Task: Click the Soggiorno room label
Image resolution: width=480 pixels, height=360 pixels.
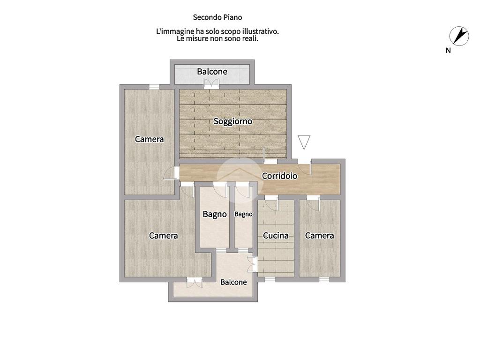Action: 232,121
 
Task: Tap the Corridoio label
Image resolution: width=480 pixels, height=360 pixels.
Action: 279,176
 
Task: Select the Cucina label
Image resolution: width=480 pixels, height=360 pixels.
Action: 276,235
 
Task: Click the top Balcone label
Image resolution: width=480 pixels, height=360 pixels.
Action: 212,72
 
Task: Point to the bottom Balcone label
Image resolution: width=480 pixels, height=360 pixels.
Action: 233,282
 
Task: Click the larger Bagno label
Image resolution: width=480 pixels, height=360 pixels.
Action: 215,214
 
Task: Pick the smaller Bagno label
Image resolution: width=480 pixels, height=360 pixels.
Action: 243,214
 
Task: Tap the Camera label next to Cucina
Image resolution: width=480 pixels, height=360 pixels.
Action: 319,235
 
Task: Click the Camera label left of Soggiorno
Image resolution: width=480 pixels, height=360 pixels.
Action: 150,139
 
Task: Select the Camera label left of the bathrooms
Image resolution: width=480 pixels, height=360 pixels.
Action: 163,235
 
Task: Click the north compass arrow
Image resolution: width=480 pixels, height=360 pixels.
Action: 459,36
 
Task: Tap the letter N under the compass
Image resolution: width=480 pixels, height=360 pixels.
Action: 448,51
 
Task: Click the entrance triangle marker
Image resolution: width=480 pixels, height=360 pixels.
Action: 304,142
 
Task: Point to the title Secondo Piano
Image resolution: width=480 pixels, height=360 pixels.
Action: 217,17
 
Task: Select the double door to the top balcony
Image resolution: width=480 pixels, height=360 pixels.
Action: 211,84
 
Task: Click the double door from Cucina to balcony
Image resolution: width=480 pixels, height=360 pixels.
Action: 253,264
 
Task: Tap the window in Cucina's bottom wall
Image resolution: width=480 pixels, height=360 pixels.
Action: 270,279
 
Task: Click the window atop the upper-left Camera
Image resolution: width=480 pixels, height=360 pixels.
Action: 154,87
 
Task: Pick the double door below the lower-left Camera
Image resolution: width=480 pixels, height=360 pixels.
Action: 195,282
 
